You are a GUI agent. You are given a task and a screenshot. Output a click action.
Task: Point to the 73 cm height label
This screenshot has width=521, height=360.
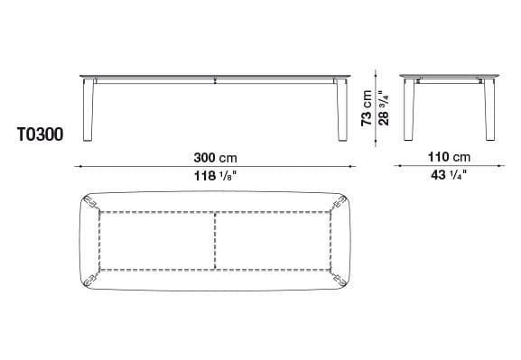tap(367, 108)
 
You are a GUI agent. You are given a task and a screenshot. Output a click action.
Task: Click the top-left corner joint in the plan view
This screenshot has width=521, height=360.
tap(93, 205)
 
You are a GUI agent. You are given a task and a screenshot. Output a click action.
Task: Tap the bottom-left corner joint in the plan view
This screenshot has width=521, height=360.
tap(93, 276)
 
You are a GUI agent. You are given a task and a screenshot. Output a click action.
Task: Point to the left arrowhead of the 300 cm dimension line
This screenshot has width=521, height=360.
tap(79, 166)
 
